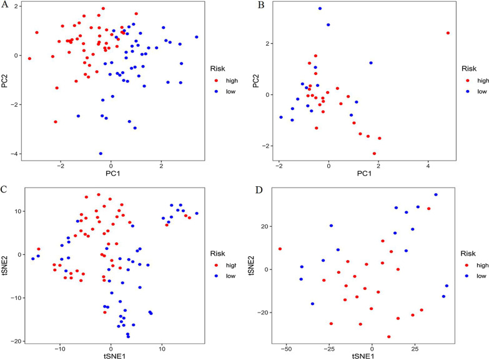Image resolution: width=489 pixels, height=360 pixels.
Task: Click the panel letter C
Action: click(x=6, y=187)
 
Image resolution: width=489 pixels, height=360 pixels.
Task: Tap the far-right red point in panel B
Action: click(x=448, y=33)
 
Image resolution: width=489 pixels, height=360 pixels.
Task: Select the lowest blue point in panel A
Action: click(x=101, y=153)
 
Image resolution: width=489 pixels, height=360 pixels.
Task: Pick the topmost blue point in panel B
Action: click(x=320, y=9)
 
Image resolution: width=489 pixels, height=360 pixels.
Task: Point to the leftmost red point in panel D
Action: click(x=280, y=249)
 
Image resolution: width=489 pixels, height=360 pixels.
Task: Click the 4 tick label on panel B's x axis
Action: click(x=428, y=167)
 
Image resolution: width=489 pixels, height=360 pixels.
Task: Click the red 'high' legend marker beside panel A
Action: click(x=216, y=81)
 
